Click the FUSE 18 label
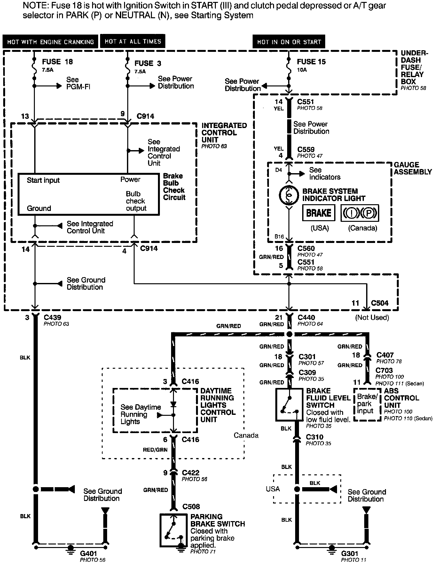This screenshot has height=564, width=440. pyautogui.click(x=57, y=62)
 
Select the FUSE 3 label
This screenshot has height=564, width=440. pyautogui.click(x=148, y=63)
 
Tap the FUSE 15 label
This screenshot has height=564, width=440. pyautogui.click(x=311, y=62)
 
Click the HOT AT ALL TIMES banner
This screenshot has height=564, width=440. pyautogui.click(x=133, y=41)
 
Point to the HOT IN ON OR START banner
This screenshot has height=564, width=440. pyautogui.click(x=289, y=42)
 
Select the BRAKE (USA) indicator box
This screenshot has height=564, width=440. pyautogui.click(x=318, y=213)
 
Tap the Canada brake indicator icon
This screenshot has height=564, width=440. pyautogui.click(x=360, y=213)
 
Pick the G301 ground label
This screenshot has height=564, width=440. pyautogui.click(x=350, y=553)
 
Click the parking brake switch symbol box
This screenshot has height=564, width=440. pyautogui.click(x=173, y=530)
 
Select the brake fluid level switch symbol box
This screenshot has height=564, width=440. pyautogui.click(x=289, y=405)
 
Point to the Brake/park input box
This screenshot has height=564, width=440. pyautogui.click(x=367, y=404)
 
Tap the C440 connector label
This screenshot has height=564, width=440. pyautogui.click(x=306, y=317)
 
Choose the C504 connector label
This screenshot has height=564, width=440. pyautogui.click(x=380, y=303)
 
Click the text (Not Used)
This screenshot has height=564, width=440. pyautogui.click(x=372, y=318)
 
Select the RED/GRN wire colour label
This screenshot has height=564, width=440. pyautogui.click(x=155, y=450)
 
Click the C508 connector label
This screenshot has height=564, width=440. pyautogui.click(x=191, y=506)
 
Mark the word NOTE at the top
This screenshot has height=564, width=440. pyautogui.click(x=34, y=6)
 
